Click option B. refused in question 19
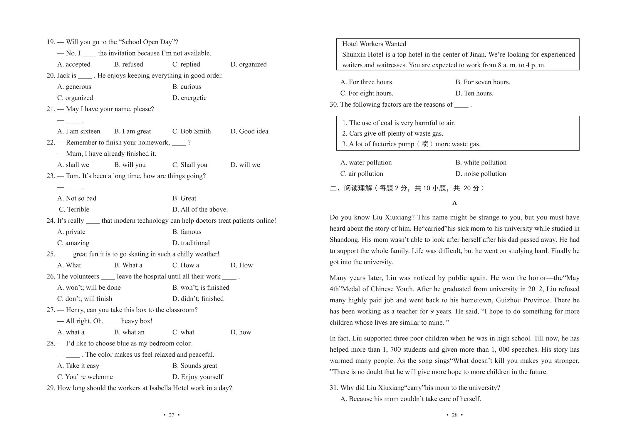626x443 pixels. [x=128, y=64]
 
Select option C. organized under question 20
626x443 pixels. [x=75, y=98]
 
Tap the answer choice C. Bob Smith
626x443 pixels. [x=191, y=131]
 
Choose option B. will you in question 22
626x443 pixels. [x=130, y=165]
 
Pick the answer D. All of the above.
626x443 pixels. [x=200, y=209]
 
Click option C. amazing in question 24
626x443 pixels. [x=73, y=243]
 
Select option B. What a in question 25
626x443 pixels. [x=128, y=265]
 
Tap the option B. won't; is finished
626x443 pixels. [x=201, y=288]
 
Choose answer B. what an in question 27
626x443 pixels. [x=129, y=332]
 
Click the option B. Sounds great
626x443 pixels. [x=194, y=366]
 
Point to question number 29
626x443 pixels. [x=51, y=388]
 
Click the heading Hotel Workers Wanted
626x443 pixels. [x=374, y=44]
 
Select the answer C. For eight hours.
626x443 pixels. [x=366, y=93]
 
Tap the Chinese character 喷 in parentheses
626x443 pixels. [x=424, y=144]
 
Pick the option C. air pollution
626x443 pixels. [x=361, y=174]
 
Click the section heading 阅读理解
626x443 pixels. [x=358, y=188]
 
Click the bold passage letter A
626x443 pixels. [x=454, y=203]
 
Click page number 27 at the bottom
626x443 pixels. [x=171, y=415]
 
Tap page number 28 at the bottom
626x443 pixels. [x=454, y=415]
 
